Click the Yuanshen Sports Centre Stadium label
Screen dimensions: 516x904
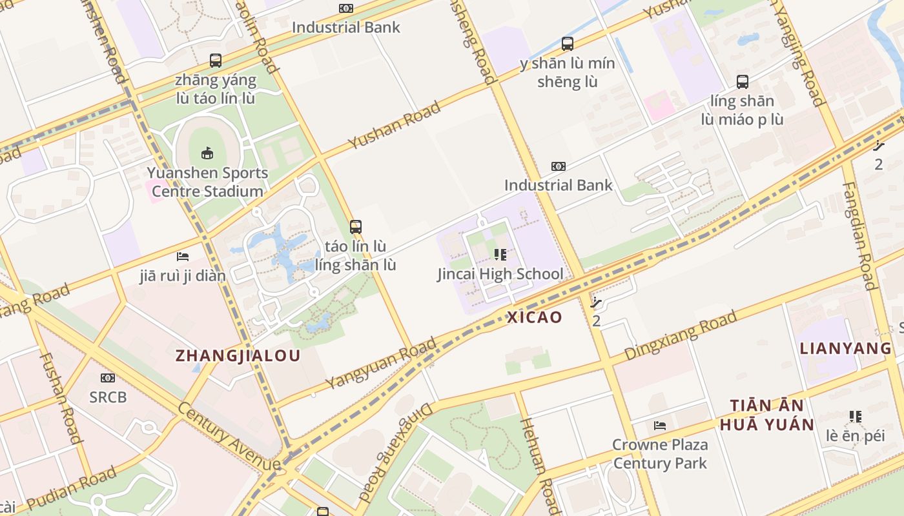[x=207, y=182]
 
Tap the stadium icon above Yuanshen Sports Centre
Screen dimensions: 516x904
[x=207, y=154]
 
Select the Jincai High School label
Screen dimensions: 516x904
[x=500, y=273]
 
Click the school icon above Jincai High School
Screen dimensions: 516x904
[x=500, y=255]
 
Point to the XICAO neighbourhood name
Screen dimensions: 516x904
[x=535, y=317]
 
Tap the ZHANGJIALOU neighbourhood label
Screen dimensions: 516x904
[x=238, y=355]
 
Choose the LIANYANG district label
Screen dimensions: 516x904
[x=845, y=349]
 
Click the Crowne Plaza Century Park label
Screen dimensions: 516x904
[x=660, y=453]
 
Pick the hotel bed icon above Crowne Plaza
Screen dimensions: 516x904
[x=660, y=426]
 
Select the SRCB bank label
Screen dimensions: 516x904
[x=108, y=397]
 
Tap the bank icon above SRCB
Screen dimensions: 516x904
[x=108, y=378]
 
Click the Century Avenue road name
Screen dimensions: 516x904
[x=229, y=437]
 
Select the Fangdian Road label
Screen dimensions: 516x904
[x=859, y=235]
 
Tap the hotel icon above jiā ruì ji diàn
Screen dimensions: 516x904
[x=183, y=257]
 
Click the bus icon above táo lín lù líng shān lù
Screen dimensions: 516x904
[x=355, y=227]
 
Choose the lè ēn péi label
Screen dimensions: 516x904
[x=855, y=435]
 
